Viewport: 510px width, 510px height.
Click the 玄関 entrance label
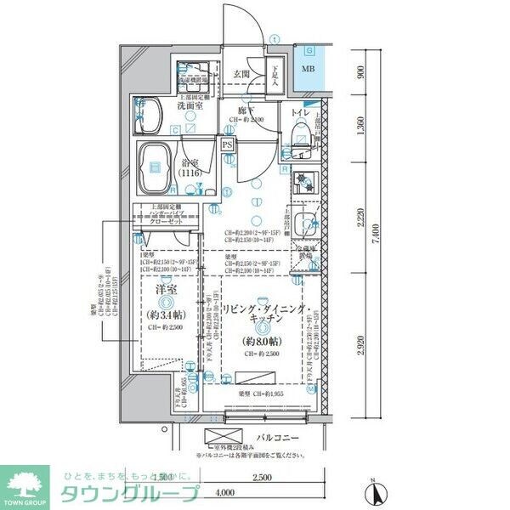coord(242,73)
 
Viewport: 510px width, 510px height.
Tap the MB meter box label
coord(309,70)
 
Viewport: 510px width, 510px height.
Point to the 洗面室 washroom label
coord(189,107)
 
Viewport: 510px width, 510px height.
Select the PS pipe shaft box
coord(227,145)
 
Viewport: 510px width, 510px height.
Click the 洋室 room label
coord(166,290)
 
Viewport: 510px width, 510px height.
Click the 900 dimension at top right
coord(362,72)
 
